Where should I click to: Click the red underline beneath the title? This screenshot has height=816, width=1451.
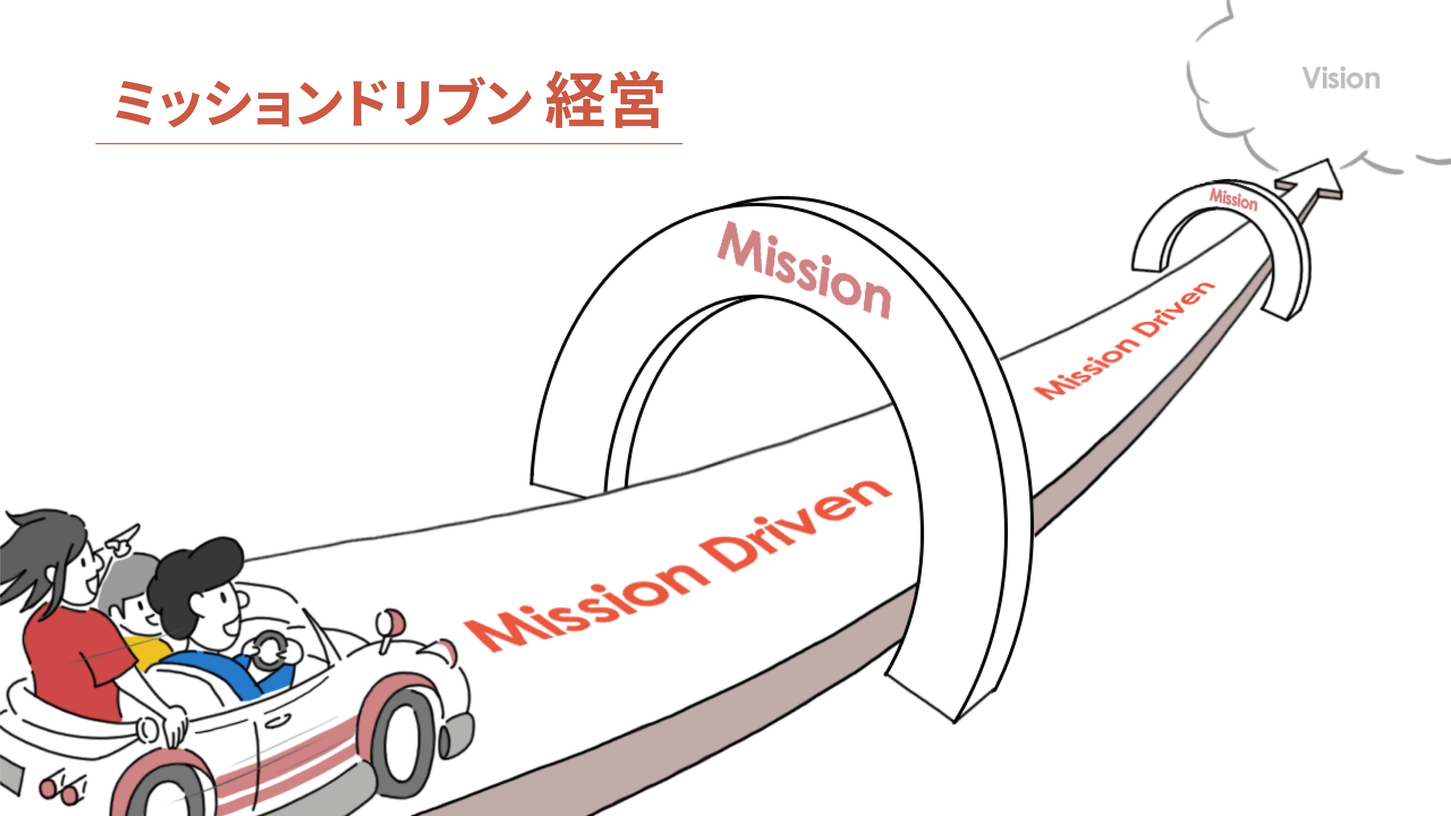tap(389, 144)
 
